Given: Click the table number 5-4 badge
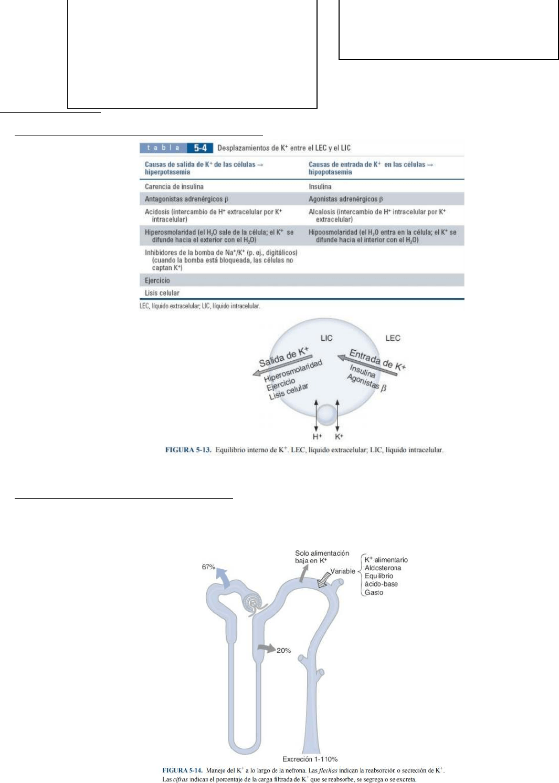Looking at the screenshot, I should [x=200, y=148].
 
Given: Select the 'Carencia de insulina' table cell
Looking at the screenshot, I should [x=174, y=186].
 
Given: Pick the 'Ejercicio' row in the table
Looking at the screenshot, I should [x=157, y=280].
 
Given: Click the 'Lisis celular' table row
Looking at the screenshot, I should [x=162, y=293].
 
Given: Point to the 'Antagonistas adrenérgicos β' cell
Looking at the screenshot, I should [x=186, y=199].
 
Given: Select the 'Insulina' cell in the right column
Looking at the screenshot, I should [x=320, y=186].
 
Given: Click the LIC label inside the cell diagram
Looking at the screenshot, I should [x=326, y=338].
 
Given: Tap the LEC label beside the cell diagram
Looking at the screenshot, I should [x=393, y=338].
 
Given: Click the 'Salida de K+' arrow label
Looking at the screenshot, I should [x=284, y=357].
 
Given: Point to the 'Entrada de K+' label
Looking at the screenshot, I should [x=377, y=359].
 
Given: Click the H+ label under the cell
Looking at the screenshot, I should [x=317, y=436].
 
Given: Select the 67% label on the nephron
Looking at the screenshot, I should [x=208, y=567].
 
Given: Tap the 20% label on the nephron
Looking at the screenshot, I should [x=283, y=650].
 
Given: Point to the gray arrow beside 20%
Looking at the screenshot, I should [x=267, y=649].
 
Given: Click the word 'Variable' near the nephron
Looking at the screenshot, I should [x=343, y=571].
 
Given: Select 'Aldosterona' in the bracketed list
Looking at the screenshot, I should [x=383, y=568].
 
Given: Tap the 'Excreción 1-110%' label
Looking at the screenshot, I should [x=310, y=759].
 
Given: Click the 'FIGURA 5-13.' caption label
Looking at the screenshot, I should [x=188, y=450].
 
